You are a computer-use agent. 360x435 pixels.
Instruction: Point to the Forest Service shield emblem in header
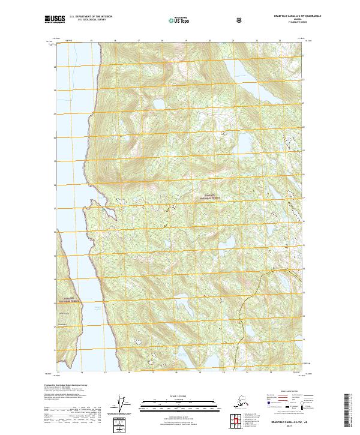(240, 21)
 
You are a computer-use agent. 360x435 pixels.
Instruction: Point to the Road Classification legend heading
(286, 391)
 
